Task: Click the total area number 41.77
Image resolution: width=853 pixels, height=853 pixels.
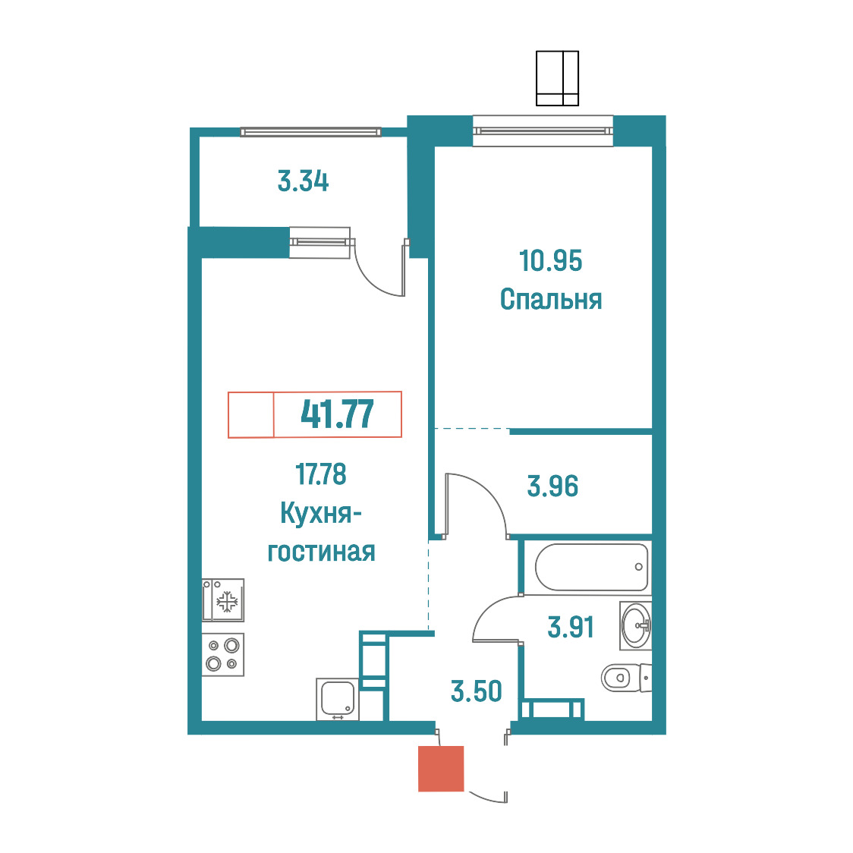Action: click(x=337, y=414)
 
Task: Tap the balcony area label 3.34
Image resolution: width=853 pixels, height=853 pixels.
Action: click(x=303, y=181)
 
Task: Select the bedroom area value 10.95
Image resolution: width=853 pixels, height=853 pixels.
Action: click(x=550, y=260)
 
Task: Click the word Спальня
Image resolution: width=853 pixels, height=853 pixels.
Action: click(x=550, y=300)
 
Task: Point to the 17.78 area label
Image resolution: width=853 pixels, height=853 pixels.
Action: click(x=321, y=474)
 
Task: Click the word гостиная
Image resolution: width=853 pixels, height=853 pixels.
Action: click(x=321, y=552)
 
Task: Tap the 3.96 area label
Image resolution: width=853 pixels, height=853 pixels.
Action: click(x=552, y=486)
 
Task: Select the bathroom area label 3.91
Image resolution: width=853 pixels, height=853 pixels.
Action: click(x=571, y=628)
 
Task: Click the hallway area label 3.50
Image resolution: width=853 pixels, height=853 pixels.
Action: click(x=477, y=691)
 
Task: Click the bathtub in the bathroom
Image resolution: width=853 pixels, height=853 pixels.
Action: click(x=592, y=567)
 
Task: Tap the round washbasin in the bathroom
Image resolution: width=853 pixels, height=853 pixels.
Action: click(x=635, y=625)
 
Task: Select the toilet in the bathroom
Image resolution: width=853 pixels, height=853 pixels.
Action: click(x=625, y=678)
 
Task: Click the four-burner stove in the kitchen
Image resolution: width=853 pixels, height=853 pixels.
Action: click(x=223, y=654)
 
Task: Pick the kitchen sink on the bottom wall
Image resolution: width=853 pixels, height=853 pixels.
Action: click(x=337, y=700)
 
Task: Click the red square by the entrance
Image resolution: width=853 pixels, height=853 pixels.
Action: click(x=441, y=768)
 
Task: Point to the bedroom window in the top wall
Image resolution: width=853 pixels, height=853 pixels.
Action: click(x=543, y=131)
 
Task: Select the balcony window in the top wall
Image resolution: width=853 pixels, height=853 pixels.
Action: click(x=310, y=131)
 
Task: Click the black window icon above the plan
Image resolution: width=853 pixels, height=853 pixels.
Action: click(x=557, y=78)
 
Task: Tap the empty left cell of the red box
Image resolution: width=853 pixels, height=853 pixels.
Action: click(x=250, y=414)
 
